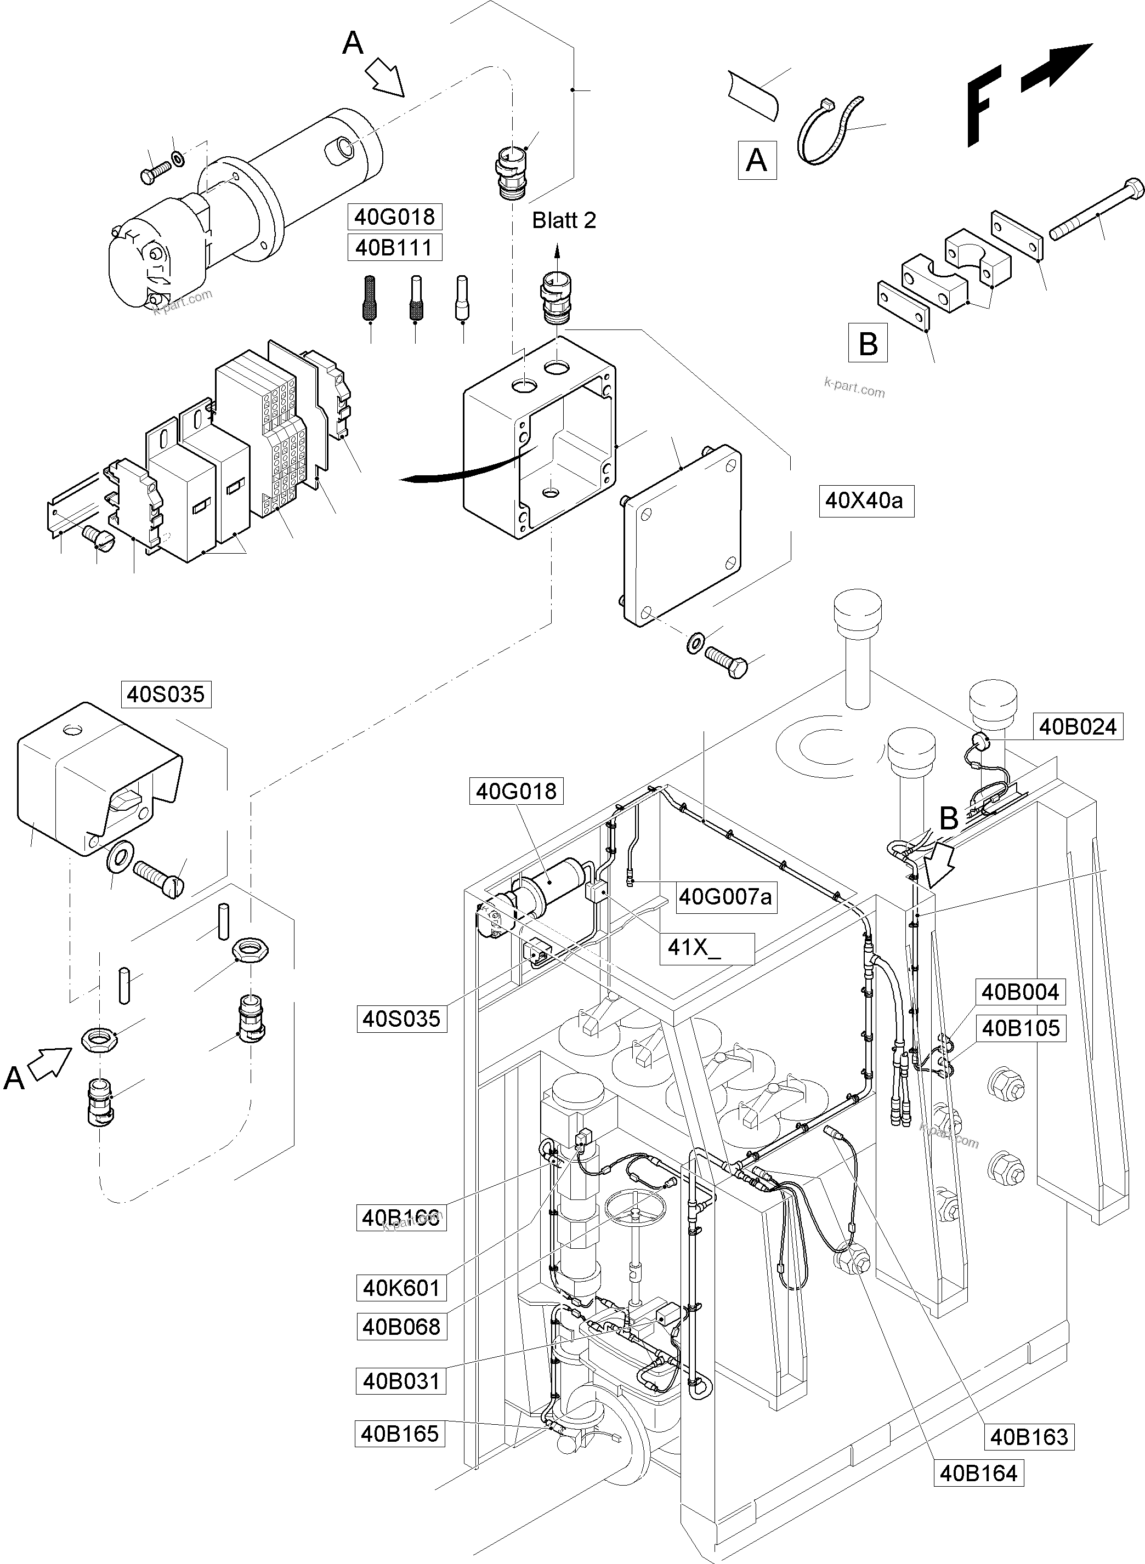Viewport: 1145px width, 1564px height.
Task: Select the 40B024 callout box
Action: [x=1078, y=726]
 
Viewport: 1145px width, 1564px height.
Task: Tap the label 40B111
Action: [x=394, y=247]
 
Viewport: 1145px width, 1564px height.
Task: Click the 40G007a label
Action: [x=724, y=897]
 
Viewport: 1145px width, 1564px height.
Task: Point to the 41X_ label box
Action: [x=706, y=947]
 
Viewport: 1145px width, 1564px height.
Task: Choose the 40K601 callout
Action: [x=401, y=1288]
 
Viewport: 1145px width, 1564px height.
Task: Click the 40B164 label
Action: [x=978, y=1472]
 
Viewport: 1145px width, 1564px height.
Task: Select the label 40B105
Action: [x=1020, y=1028]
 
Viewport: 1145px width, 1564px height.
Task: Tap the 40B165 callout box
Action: [x=400, y=1433]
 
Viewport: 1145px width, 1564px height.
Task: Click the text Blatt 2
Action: [x=564, y=220]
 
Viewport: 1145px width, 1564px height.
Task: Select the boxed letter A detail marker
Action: [x=756, y=160]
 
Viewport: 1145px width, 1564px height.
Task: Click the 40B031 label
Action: [x=401, y=1380]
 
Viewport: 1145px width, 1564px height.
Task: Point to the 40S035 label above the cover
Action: [x=166, y=693]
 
